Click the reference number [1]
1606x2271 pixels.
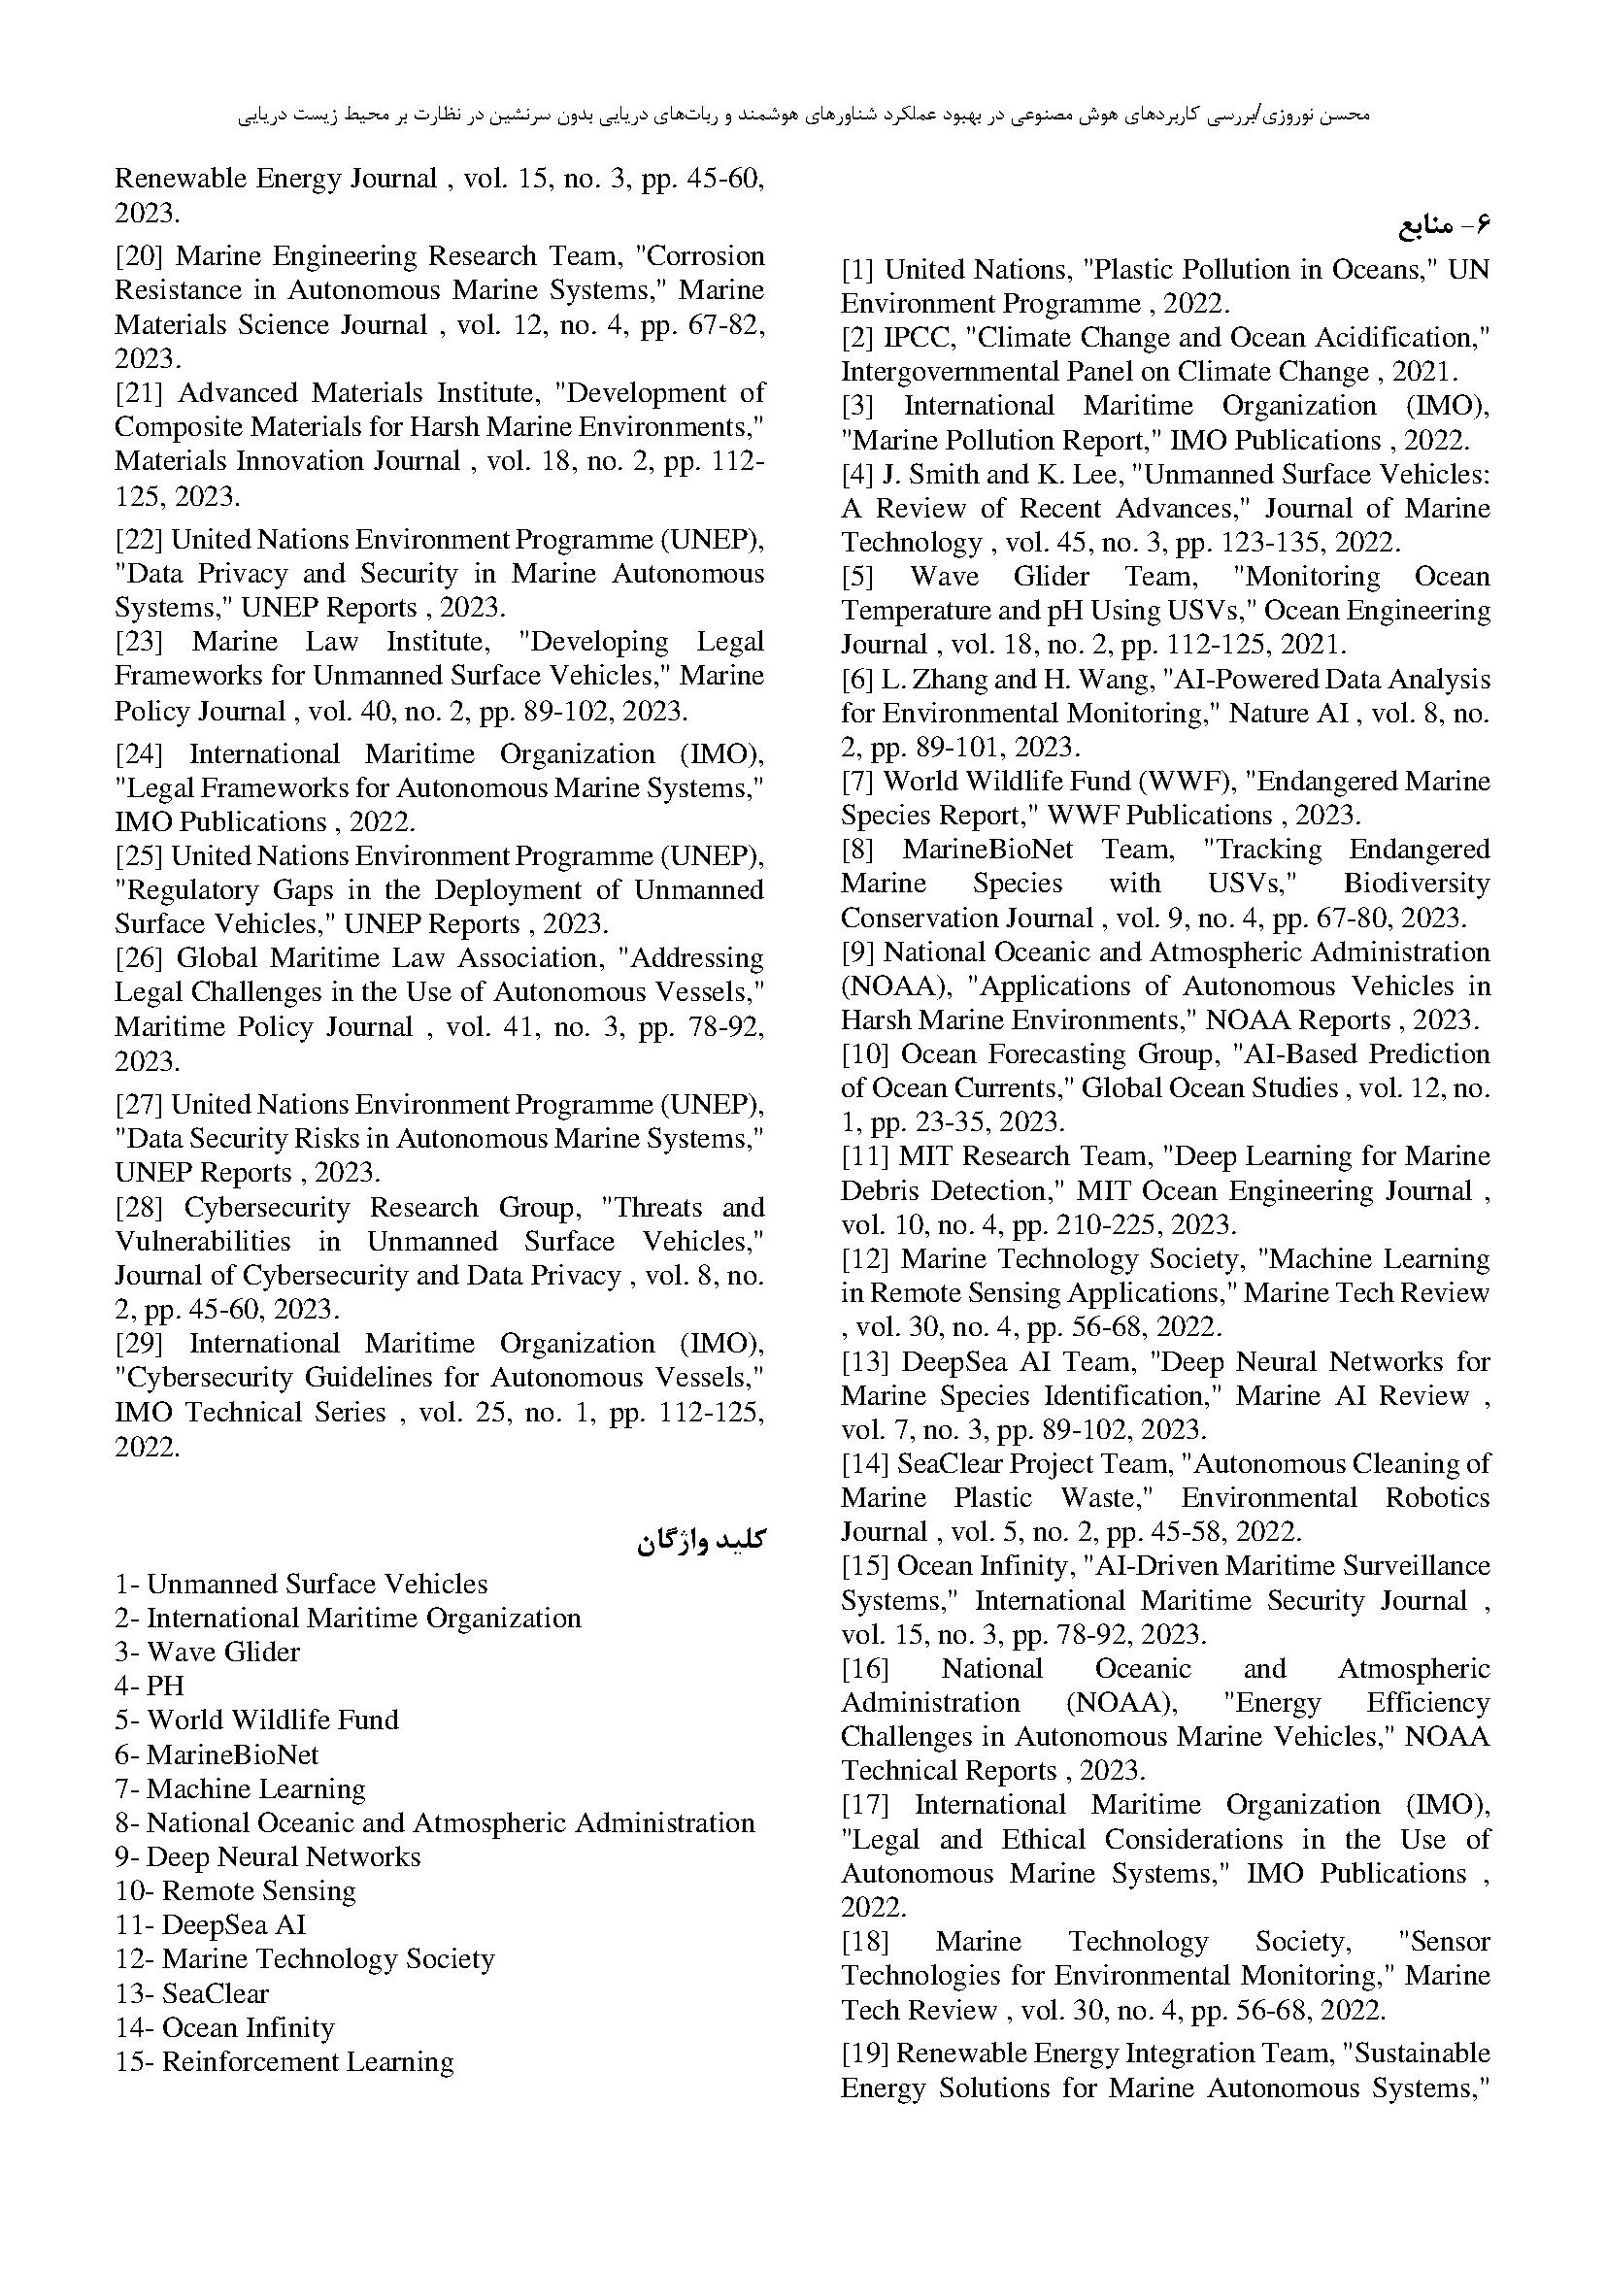pos(858,270)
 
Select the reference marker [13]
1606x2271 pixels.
pos(865,1362)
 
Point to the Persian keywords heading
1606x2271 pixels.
pos(701,1541)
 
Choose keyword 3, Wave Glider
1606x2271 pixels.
pos(222,1652)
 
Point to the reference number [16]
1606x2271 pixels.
pos(865,1669)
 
